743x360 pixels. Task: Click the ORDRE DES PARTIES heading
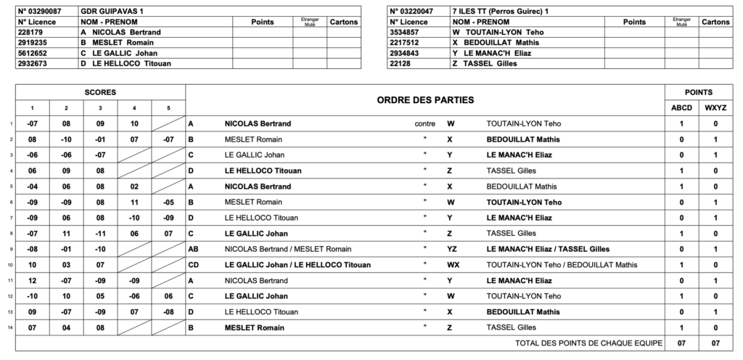tap(425, 99)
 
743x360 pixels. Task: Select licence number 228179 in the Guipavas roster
tap(31, 33)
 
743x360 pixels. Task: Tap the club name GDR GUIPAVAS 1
tap(116, 12)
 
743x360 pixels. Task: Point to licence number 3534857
tap(405, 33)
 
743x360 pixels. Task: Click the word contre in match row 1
tap(424, 123)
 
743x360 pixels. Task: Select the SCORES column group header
tap(100, 93)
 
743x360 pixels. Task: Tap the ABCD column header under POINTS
tap(681, 108)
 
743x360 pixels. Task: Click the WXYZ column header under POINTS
tap(715, 108)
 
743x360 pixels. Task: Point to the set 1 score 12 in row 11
tap(32, 280)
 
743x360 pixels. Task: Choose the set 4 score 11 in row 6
tap(134, 202)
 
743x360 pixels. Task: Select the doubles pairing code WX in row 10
tap(453, 265)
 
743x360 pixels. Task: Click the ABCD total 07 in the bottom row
tap(681, 343)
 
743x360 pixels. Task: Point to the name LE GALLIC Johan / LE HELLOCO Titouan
tap(297, 265)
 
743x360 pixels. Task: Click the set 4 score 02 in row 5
tap(134, 187)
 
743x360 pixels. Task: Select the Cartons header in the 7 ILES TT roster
tap(715, 22)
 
